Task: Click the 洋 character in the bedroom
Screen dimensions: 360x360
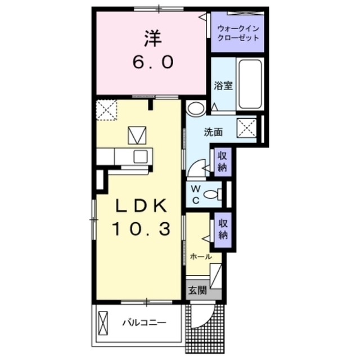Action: click(153, 39)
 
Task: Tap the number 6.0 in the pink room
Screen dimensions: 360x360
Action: click(153, 62)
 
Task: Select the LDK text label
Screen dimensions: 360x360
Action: click(141, 206)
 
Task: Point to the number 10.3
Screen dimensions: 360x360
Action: click(141, 229)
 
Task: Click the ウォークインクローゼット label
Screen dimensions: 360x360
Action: click(238, 33)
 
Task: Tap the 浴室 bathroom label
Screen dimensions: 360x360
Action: click(223, 85)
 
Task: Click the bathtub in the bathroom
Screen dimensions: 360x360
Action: click(250, 84)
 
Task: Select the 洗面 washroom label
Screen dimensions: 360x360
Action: click(213, 132)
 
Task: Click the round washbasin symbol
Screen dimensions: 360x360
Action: click(196, 108)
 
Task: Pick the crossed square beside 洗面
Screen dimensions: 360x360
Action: click(246, 128)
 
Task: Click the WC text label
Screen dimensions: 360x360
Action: click(196, 195)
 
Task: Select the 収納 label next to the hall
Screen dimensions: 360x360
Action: click(223, 229)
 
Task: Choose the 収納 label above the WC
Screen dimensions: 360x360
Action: click(222, 162)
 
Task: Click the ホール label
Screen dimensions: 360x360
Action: click(201, 256)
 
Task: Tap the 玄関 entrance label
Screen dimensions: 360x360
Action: click(197, 291)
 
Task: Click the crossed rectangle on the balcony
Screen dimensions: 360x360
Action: click(103, 323)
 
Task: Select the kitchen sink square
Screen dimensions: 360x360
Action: click(141, 156)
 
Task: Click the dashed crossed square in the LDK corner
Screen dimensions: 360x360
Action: click(106, 110)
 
